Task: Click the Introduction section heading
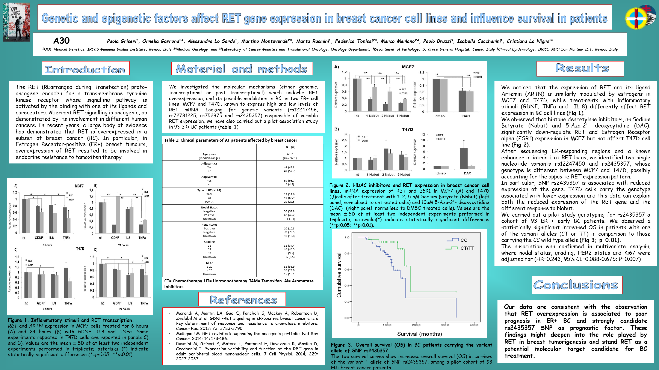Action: tap(85, 69)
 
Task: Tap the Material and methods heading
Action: tap(242, 69)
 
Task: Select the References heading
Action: tap(243, 300)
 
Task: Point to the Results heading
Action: tap(582, 68)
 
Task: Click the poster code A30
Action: tap(61, 41)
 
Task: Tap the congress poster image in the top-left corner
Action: tap(16, 22)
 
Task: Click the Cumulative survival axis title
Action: tap(339, 275)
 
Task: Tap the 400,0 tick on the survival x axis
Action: tap(474, 325)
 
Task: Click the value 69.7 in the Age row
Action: tap(290, 154)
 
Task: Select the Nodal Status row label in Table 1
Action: tap(209, 207)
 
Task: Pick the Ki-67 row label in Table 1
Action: tap(209, 263)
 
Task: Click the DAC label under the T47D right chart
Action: tap(467, 173)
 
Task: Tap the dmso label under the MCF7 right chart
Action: tap(440, 116)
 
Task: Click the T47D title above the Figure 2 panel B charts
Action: tap(407, 129)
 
